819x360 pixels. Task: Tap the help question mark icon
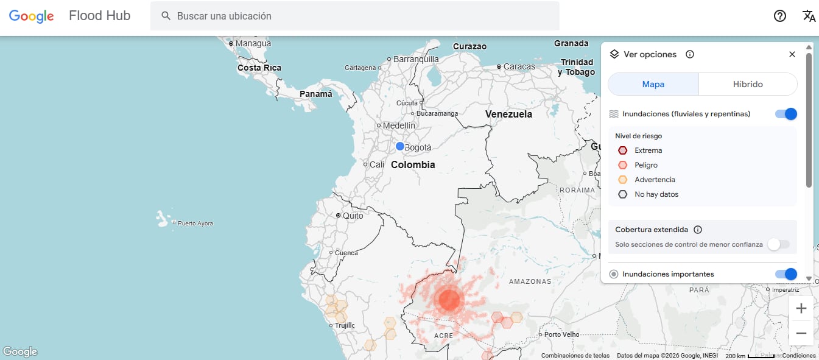point(780,16)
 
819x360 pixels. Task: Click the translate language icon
point(809,16)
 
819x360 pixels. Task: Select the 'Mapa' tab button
point(653,84)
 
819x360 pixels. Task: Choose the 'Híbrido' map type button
point(748,84)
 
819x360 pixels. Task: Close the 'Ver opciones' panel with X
point(792,54)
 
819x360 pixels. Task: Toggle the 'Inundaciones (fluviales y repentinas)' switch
point(786,114)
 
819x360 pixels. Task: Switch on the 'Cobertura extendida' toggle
point(779,244)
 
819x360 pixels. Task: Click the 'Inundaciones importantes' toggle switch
point(786,274)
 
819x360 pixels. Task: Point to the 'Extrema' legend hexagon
point(622,150)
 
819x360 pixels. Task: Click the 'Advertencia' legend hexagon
point(622,180)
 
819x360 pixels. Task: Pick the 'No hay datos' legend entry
point(656,194)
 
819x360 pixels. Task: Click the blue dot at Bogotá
point(400,146)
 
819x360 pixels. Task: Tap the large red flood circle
point(449,300)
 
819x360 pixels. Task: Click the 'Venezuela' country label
point(508,114)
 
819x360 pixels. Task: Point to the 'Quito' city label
point(353,216)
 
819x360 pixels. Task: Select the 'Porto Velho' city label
point(561,334)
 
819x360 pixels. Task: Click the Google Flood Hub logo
point(69,16)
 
